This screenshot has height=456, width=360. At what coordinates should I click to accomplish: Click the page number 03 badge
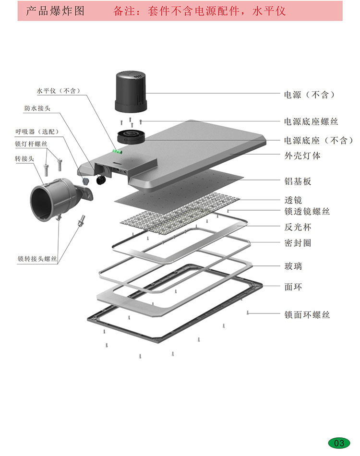tap(339, 443)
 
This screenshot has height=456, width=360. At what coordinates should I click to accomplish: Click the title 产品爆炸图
tap(55, 11)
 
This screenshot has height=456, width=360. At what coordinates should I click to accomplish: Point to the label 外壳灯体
tap(302, 156)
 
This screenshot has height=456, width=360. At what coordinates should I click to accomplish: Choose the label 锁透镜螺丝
tap(307, 212)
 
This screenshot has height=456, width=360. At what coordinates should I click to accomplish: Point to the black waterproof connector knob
tap(101, 180)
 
